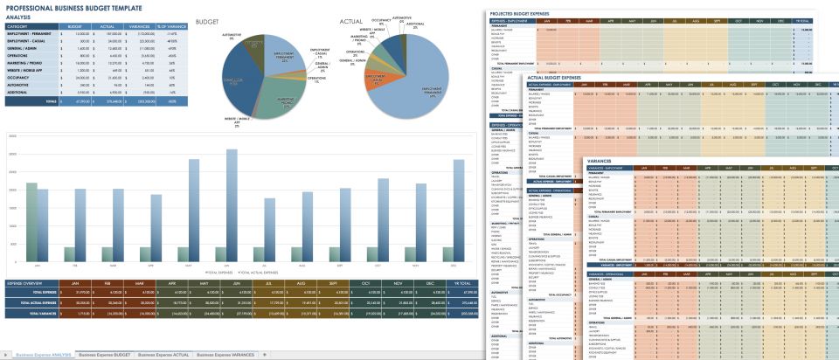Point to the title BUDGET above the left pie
click(208, 20)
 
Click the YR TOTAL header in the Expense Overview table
click(455, 284)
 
